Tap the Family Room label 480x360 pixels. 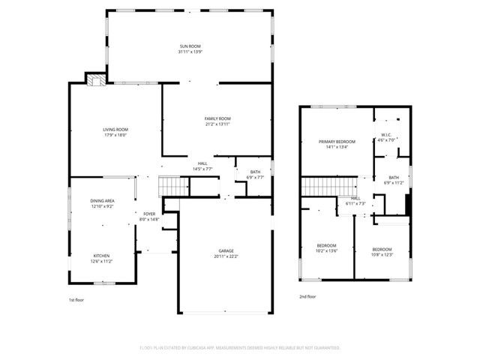pyautogui.click(x=217, y=121)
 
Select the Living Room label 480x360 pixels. pyautogui.click(x=115, y=133)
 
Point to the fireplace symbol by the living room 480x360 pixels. pyautogui.click(x=94, y=80)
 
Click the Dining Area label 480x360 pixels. pyautogui.click(x=103, y=203)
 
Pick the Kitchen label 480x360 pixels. pyautogui.click(x=101, y=258)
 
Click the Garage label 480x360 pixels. pyautogui.click(x=226, y=253)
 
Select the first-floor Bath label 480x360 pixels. pyautogui.click(x=256, y=175)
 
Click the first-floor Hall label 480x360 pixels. pyautogui.click(x=202, y=166)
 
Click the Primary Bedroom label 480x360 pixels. pyautogui.click(x=336, y=144)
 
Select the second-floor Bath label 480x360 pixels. pyautogui.click(x=394, y=180)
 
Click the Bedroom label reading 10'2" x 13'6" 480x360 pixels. pyautogui.click(x=326, y=248)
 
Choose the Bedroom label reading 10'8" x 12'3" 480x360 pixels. pyautogui.click(x=382, y=251)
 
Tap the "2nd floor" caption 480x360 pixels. pyautogui.click(x=307, y=296)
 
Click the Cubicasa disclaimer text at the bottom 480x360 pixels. pyautogui.click(x=240, y=348)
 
